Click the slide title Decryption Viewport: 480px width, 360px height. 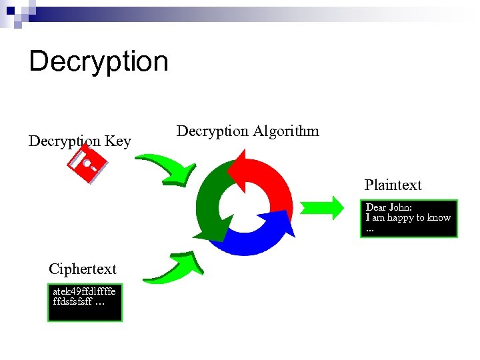99,61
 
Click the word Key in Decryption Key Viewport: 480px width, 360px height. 118,141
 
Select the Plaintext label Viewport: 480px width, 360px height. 393,185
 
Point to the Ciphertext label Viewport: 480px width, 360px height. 82,269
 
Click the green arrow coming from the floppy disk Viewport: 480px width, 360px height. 167,168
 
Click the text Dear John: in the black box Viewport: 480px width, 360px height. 389,208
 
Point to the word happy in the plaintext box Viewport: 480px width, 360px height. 407,218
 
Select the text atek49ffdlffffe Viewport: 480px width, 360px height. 84,291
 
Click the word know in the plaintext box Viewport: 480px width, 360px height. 439,218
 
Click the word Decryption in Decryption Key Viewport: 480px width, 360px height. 65,141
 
